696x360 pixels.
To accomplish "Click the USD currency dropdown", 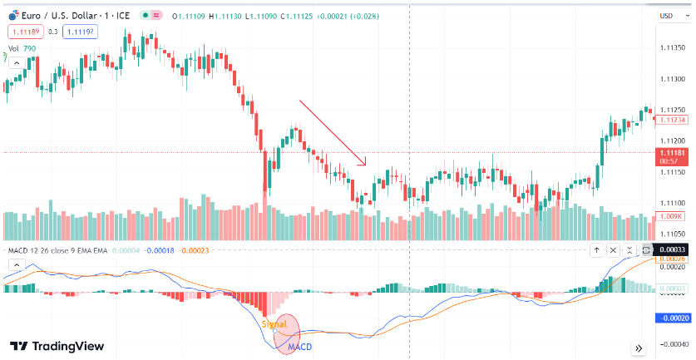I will (669, 15).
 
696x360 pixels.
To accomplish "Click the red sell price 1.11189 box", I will (22, 32).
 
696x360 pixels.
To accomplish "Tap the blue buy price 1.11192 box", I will (79, 32).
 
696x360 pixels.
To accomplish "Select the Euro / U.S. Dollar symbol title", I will (67, 15).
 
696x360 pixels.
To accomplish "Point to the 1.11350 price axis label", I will (673, 48).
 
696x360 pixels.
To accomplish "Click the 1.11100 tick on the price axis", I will (673, 203).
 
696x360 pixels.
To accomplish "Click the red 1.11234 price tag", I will (673, 120).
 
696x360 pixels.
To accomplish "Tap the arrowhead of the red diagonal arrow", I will (363, 163).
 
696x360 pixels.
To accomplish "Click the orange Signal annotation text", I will (274, 323).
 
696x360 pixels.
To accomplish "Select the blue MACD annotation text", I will (299, 346).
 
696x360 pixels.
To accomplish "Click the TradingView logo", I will (57, 346).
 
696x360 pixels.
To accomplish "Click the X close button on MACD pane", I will (613, 250).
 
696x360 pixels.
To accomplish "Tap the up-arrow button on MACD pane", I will (596, 250).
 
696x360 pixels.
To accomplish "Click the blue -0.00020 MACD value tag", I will (672, 318).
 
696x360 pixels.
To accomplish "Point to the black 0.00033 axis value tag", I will (672, 249).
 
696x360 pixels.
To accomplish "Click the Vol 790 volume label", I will (22, 49).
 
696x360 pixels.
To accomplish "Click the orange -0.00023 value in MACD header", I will (196, 250).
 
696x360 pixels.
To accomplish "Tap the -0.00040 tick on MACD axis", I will (672, 343).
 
